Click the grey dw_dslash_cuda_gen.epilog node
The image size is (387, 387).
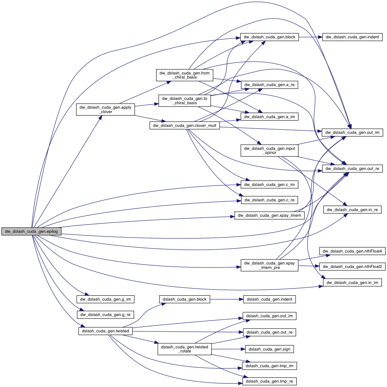(31, 232)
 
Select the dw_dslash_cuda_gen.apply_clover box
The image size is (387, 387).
(105, 109)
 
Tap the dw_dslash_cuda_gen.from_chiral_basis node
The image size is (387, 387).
(184, 75)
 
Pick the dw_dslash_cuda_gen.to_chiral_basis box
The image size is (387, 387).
(184, 101)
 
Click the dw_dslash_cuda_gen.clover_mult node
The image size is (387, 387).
(184, 126)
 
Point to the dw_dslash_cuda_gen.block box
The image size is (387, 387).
(269, 37)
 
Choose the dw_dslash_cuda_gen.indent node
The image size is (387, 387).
(352, 37)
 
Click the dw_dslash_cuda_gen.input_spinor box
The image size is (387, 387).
(269, 150)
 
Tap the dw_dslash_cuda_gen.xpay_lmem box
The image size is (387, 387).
(269, 215)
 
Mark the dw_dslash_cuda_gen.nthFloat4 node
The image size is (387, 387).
(352, 251)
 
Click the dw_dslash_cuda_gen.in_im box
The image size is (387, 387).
(352, 283)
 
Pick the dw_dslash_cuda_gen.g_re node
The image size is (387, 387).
(105, 315)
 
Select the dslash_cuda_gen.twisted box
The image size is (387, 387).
(105, 331)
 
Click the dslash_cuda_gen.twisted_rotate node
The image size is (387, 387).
(184, 349)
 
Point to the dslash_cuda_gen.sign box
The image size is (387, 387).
(269, 349)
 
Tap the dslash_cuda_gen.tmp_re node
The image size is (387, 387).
(269, 381)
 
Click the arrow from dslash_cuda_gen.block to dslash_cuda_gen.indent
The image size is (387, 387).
(226, 299)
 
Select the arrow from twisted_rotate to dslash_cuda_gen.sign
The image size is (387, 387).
(228, 349)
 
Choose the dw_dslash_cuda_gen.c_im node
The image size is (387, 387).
(269, 185)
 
